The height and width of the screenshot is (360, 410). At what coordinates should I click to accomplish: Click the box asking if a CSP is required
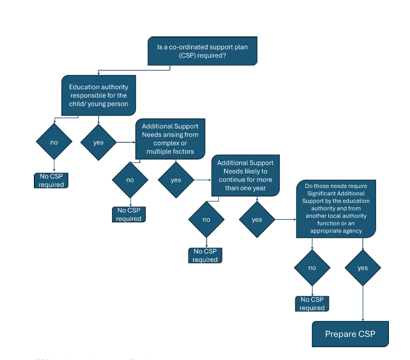point(202,51)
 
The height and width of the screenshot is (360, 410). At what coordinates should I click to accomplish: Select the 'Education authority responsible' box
point(99,95)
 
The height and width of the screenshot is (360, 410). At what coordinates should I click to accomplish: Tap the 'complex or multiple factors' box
point(170,139)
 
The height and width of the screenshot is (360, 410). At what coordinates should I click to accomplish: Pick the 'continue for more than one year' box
point(246,175)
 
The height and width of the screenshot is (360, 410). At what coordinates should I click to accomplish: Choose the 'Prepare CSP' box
point(350,334)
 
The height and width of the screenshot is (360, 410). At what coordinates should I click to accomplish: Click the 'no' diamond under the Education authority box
point(54,142)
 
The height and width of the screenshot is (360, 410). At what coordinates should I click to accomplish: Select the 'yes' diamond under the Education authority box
point(98,142)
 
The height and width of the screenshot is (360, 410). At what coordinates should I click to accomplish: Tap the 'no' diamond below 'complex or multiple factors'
point(130,180)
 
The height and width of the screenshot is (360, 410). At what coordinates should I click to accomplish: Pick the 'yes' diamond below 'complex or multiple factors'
point(176,180)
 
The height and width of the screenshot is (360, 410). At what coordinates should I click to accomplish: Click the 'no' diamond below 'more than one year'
point(206,219)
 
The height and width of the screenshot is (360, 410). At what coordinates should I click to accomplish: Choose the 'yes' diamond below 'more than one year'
point(257,219)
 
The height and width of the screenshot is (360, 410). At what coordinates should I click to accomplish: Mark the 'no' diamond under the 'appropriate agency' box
point(312,268)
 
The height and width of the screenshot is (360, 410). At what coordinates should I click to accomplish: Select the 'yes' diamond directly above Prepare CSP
point(363,268)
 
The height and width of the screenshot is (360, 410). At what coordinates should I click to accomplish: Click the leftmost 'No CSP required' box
point(51,180)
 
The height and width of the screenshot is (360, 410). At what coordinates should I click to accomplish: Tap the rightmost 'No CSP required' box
point(312,304)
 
